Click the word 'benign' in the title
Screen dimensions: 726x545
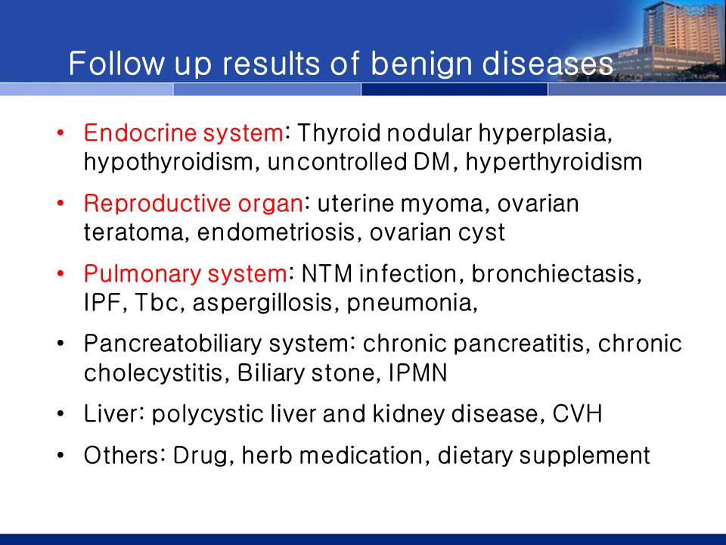421,64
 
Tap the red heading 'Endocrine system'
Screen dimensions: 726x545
183,133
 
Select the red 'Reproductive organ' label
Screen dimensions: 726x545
194,204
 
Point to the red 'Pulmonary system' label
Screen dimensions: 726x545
185,274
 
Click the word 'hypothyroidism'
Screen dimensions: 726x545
169,163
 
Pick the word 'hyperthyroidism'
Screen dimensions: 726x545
554,162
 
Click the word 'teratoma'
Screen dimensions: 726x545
136,232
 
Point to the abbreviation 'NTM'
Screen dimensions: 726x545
327,273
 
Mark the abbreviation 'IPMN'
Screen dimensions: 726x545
417,372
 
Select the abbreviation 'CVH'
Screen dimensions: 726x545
577,414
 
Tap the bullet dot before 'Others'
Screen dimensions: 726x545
60,456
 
